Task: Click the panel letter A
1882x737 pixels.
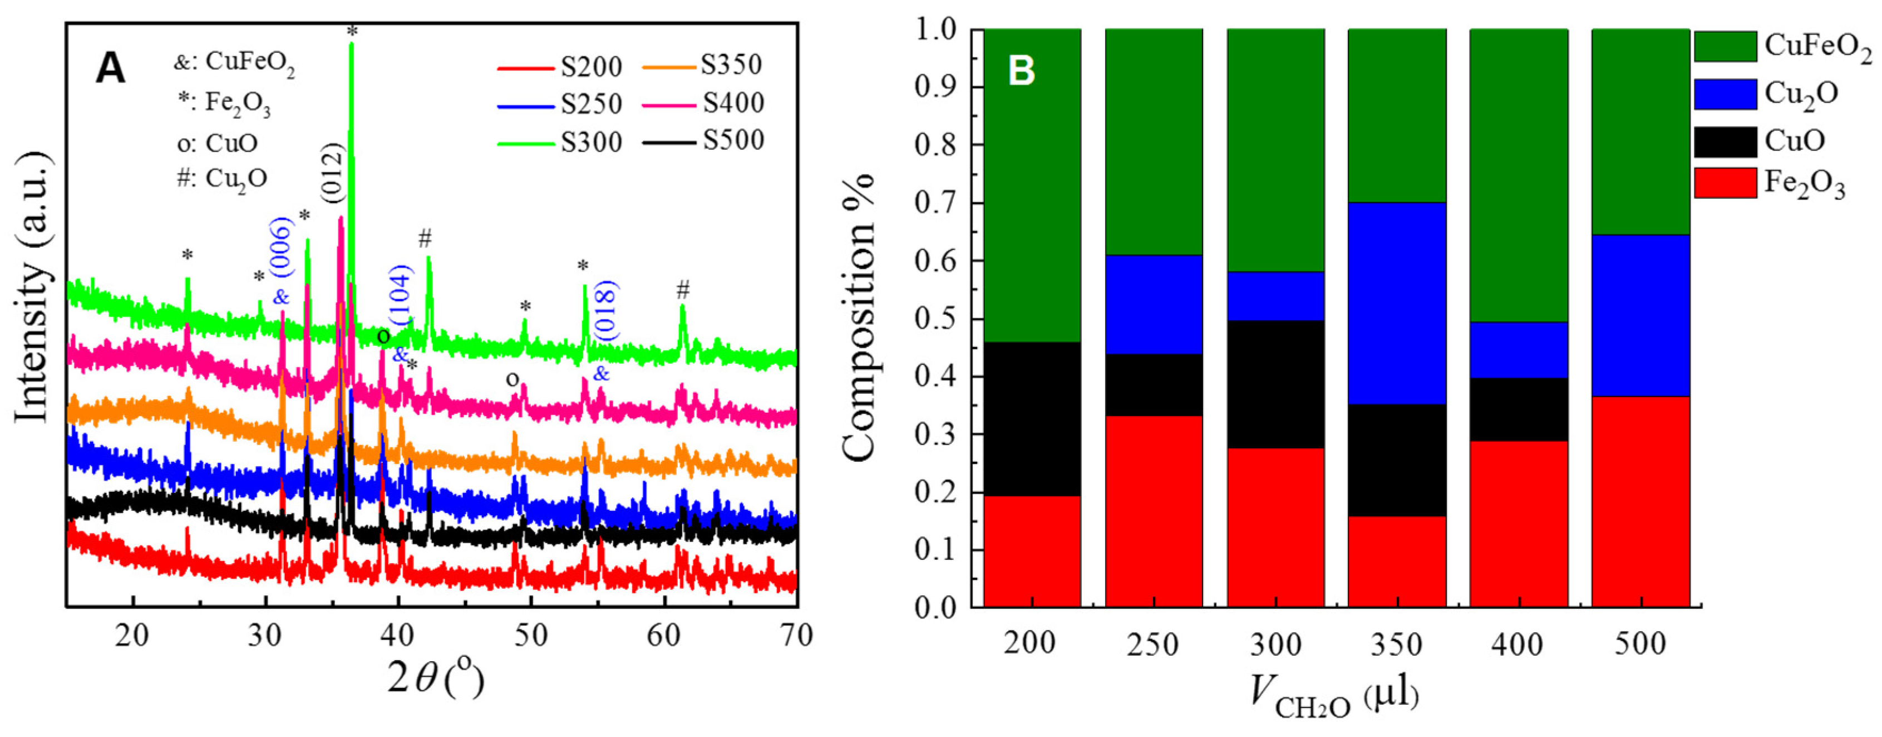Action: point(111,70)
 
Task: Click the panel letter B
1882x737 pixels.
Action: point(1021,72)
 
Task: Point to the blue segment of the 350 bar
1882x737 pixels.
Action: point(1397,304)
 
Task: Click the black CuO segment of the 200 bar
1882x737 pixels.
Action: point(1032,419)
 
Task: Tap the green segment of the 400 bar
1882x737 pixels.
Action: point(1519,175)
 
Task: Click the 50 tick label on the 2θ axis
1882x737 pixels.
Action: point(530,636)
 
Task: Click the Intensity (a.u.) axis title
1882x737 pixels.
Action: point(33,287)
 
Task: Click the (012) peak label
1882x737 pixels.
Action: point(332,173)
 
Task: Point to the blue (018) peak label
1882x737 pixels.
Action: point(605,310)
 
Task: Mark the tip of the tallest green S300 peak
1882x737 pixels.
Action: point(351,44)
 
